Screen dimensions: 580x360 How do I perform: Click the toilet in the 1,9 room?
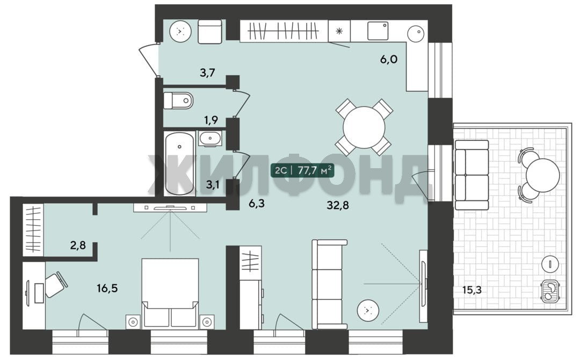[178, 100]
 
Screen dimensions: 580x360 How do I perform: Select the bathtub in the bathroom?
[179, 163]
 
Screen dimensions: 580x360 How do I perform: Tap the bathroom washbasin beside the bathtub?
[210, 139]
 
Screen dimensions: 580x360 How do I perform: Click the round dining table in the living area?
[364, 127]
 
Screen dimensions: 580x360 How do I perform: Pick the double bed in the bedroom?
[170, 293]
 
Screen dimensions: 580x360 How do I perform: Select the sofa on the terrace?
[472, 175]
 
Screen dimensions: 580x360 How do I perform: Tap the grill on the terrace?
[551, 291]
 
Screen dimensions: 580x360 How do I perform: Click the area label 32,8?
[338, 205]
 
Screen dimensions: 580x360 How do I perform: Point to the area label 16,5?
[107, 288]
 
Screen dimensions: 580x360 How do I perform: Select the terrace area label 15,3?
[472, 290]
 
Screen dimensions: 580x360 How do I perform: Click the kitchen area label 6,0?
[389, 59]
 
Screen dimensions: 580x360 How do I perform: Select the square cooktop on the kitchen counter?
[378, 31]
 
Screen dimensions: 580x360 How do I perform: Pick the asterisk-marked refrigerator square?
[339, 31]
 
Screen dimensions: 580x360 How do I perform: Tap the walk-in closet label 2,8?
[78, 245]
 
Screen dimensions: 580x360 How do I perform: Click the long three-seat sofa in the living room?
[329, 284]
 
